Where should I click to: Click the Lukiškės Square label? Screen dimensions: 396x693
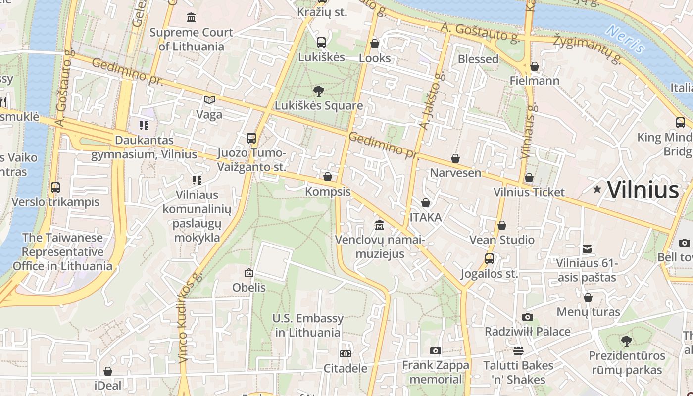click(319, 105)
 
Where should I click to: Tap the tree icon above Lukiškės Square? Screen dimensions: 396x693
click(319, 91)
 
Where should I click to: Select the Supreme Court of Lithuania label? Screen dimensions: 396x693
click(191, 39)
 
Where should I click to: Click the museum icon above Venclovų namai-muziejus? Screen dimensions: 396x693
click(380, 225)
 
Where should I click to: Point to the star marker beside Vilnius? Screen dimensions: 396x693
click(597, 189)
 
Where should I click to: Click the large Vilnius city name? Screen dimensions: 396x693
click(643, 190)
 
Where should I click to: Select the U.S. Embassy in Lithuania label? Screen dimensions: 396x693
click(307, 325)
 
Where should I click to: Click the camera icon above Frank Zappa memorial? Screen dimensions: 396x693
click(435, 351)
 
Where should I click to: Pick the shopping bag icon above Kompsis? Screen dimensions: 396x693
click(327, 177)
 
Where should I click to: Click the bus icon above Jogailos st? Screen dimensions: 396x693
click(489, 258)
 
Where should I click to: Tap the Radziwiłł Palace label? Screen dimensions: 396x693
click(527, 331)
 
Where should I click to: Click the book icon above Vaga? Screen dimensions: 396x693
click(209, 99)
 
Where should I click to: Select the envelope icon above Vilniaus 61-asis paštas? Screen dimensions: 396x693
click(587, 248)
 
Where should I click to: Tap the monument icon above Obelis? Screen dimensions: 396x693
click(249, 272)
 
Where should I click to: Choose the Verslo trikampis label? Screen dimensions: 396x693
click(55, 202)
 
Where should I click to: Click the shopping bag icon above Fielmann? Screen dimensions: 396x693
click(534, 66)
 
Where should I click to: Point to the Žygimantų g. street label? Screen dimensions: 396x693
click(588, 49)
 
